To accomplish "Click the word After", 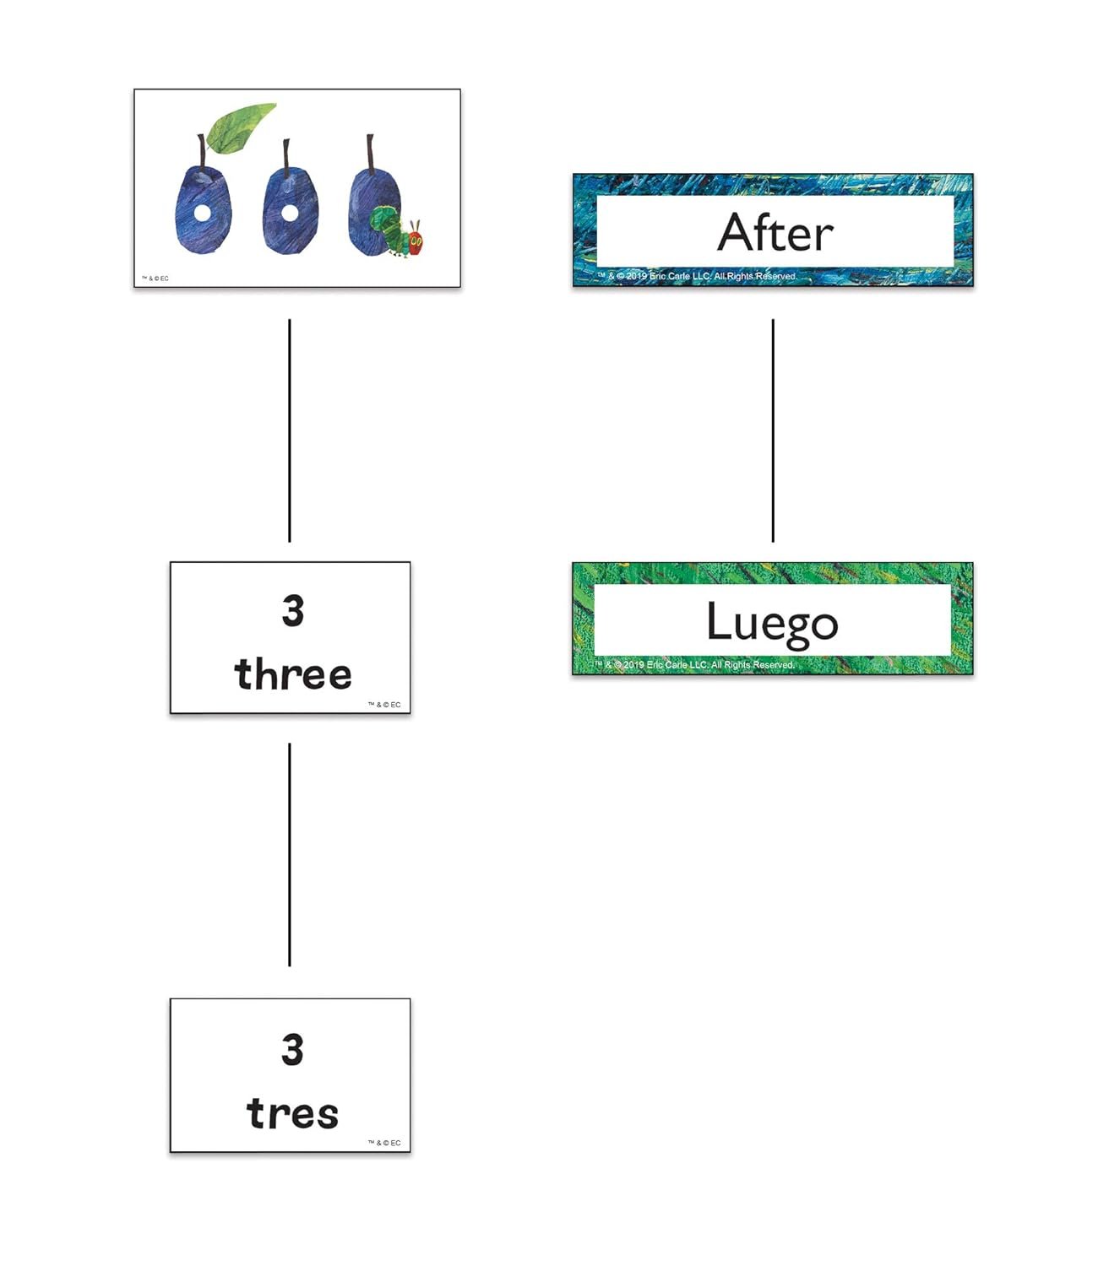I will click(775, 232).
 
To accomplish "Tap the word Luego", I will click(772, 623).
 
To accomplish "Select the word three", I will click(292, 674).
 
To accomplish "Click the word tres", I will click(292, 1113).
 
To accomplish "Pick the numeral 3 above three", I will click(292, 611).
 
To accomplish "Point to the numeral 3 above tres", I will click(292, 1049).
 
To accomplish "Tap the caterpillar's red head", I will click(415, 241).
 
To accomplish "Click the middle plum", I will click(290, 210).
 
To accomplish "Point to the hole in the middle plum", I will click(290, 212).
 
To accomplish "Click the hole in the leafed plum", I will click(202, 213).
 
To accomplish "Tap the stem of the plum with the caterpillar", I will click(370, 154).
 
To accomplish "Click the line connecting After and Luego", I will click(773, 430).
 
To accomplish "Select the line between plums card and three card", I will click(290, 430).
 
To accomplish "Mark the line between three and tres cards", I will click(290, 854).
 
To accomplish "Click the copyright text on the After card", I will click(698, 276).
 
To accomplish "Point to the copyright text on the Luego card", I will click(694, 665).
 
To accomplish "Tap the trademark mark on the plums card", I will click(155, 279).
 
